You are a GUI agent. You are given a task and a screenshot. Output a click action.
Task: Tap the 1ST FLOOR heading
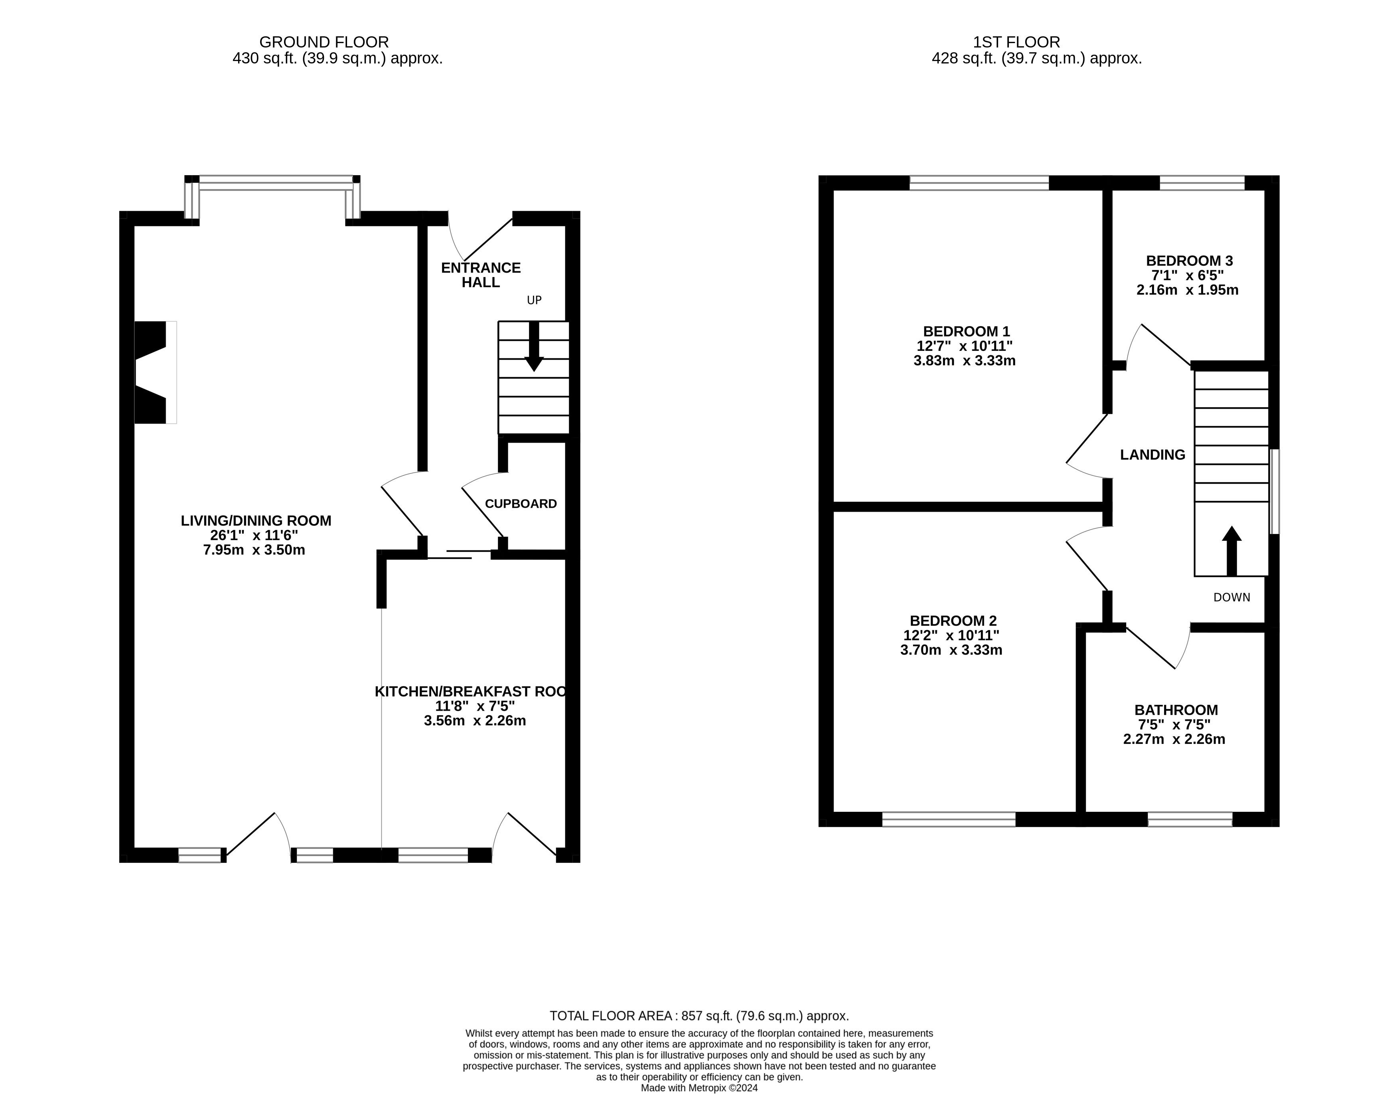coord(1016,42)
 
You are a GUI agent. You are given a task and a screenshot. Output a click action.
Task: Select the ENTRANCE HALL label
coord(481,275)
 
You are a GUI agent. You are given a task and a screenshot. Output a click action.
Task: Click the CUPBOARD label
coord(521,504)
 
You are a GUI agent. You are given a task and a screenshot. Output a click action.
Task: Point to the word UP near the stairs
coord(534,300)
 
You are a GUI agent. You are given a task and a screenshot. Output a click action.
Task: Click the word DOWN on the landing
coord(1232,597)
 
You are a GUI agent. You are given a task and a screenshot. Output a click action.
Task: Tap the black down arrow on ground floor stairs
coord(534,346)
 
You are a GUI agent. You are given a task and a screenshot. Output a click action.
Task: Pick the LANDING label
coord(1152,455)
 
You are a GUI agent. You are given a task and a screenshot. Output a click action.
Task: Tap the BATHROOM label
coord(1176,710)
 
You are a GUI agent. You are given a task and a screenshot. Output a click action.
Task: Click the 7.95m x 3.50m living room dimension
coord(254,550)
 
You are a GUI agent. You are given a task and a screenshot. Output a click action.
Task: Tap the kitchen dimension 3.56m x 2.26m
coord(475,721)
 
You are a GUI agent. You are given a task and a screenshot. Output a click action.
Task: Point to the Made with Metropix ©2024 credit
coord(700,1088)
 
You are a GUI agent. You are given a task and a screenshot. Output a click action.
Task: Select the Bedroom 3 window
coord(1202,183)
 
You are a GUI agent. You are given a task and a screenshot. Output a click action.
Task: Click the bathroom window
coord(1190,819)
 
